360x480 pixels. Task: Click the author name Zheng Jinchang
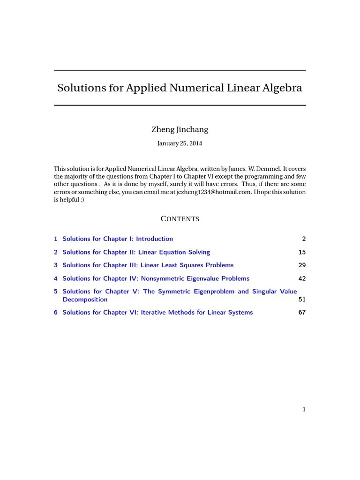(x=180, y=129)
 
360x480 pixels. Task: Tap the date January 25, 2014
(x=180, y=143)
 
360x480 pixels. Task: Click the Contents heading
(x=180, y=219)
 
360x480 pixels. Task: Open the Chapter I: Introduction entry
(x=118, y=239)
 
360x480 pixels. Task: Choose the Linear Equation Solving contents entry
(x=136, y=252)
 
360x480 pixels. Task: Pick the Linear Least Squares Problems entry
(x=148, y=265)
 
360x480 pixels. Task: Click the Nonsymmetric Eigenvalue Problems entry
(x=156, y=278)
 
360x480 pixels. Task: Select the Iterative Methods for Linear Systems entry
(x=157, y=312)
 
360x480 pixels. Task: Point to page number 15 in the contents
(x=302, y=252)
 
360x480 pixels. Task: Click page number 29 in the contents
(x=302, y=265)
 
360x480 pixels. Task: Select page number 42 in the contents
(x=302, y=278)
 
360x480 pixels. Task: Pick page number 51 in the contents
(x=302, y=300)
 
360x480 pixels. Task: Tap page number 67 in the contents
(x=302, y=312)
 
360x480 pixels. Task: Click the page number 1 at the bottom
(x=304, y=409)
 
